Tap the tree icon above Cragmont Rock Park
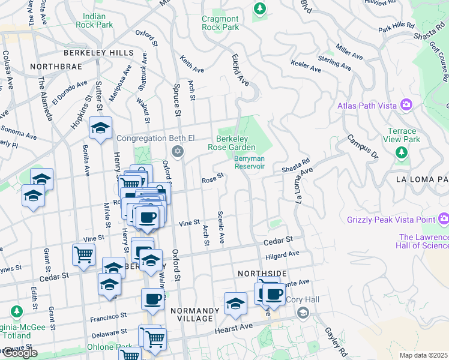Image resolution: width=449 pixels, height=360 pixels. pos(259,8)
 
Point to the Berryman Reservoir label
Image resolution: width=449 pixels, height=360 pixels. pos(249,163)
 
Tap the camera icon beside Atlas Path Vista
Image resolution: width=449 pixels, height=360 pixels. pos(408,106)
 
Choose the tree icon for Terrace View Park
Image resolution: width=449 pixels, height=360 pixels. pos(402,152)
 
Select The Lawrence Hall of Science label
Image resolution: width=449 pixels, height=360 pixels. pos(423,241)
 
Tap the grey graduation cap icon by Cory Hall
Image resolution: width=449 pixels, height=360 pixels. pos(303,313)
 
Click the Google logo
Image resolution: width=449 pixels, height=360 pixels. pos(19,353)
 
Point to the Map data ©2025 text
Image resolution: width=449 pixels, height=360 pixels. pos(423,355)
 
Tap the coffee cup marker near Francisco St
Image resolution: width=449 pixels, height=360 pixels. pos(152,299)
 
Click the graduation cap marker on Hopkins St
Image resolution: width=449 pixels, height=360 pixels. pos(100,127)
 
